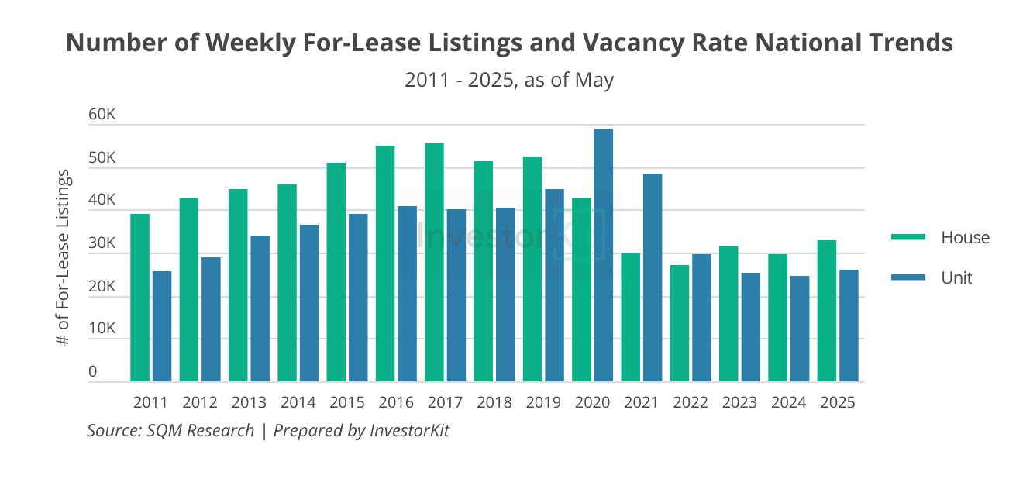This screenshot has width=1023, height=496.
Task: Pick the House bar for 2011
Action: pyautogui.click(x=139, y=298)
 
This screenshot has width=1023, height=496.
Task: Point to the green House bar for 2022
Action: pyautogui.click(x=680, y=323)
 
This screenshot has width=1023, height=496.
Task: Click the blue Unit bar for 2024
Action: pyautogui.click(x=799, y=329)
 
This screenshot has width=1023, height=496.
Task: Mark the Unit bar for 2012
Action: pyautogui.click(x=211, y=319)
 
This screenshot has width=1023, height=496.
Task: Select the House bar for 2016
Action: pyautogui.click(x=385, y=263)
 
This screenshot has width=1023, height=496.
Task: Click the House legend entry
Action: pyautogui.click(x=965, y=237)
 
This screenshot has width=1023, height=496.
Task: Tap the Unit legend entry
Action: pyautogui.click(x=956, y=277)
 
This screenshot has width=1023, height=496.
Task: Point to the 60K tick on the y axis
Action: pyautogui.click(x=102, y=115)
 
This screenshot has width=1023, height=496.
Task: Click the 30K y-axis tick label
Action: pyautogui.click(x=102, y=243)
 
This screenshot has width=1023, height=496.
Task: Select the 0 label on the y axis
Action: pyautogui.click(x=93, y=372)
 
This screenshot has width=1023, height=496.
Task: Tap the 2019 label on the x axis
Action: pyautogui.click(x=543, y=403)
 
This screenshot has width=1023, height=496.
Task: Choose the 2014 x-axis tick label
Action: pyautogui.click(x=298, y=403)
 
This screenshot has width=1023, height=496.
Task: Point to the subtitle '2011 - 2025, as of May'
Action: pyautogui.click(x=509, y=80)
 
